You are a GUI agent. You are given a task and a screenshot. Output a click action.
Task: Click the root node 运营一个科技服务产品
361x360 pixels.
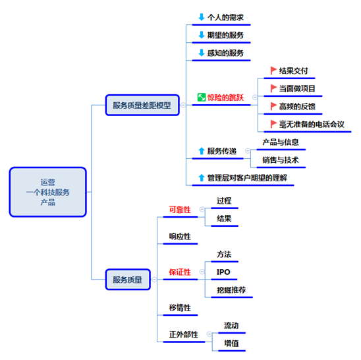point(48,192)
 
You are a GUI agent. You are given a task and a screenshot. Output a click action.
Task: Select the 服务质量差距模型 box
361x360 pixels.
point(142,105)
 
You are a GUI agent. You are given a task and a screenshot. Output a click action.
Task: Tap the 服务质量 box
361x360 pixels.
point(128,280)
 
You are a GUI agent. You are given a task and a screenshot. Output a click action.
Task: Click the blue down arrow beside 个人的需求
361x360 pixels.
point(202,17)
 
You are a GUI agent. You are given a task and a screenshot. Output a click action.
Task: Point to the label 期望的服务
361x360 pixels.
point(225,35)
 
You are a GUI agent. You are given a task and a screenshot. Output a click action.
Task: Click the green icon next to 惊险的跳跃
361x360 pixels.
point(202,98)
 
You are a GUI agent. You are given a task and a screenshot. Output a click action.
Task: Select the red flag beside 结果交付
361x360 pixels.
point(273,71)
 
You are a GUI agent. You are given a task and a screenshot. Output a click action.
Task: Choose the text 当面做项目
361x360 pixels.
point(297,88)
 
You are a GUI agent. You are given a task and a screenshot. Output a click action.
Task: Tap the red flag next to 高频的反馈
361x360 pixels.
point(273,106)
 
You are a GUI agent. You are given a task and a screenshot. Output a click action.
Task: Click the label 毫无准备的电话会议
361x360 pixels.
point(312,124)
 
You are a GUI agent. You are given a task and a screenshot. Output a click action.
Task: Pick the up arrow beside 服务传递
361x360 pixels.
point(202,151)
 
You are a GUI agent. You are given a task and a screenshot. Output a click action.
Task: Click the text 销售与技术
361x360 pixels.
point(281,160)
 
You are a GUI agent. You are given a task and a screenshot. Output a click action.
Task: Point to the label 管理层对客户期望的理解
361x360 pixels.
point(247,178)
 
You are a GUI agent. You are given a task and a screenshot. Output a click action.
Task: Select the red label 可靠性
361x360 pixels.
point(180,210)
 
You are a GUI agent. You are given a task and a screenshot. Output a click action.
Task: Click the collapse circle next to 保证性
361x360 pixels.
point(202,272)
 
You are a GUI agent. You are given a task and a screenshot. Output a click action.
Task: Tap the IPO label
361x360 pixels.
point(223,272)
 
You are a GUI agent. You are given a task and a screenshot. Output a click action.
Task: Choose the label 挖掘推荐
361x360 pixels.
point(231,289)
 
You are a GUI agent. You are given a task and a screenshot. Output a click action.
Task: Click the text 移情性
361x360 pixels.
point(180,308)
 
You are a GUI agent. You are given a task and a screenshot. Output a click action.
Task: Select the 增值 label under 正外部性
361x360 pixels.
point(231,344)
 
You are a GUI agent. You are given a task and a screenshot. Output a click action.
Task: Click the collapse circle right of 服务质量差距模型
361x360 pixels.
point(183,105)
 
